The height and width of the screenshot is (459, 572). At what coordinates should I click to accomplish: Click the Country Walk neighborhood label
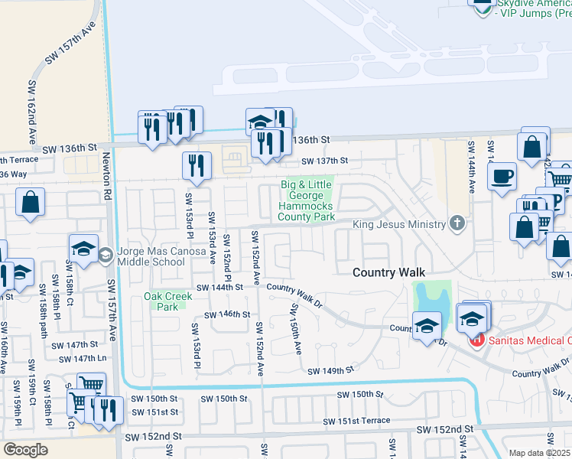point(388,273)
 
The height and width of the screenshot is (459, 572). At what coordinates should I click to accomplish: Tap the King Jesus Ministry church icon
point(457,223)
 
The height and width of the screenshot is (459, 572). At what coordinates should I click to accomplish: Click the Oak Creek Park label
point(162,301)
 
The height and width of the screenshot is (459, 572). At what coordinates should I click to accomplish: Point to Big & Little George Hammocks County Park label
point(308,200)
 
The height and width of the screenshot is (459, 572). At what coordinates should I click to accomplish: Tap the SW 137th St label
point(324,161)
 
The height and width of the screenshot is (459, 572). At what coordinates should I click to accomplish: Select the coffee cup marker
point(502,177)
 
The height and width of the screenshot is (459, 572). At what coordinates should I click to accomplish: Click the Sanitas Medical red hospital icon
point(476,339)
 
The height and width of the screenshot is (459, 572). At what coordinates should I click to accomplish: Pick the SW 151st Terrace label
point(356,422)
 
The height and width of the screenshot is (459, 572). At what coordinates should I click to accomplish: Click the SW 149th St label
point(331,371)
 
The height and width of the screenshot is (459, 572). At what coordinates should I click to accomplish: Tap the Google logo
point(25,449)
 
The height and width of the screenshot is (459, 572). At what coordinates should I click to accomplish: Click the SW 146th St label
point(227,314)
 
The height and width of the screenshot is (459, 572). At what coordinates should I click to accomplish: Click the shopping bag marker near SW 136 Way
point(31,203)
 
